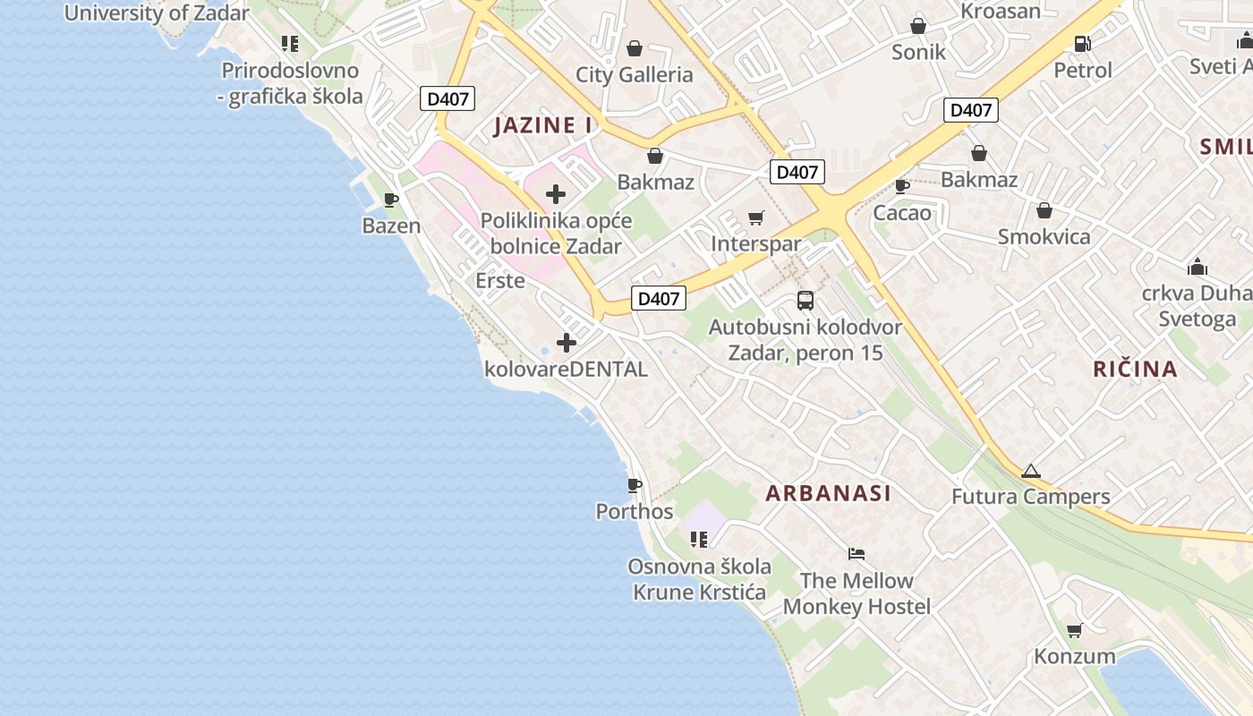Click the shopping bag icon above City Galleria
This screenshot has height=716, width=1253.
point(635,47)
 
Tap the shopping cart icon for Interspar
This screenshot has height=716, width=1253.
point(756,217)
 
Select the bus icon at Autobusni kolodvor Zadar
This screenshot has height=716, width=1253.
point(805,301)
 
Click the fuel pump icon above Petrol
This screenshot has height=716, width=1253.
point(1082,43)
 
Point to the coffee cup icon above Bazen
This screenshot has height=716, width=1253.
point(390,200)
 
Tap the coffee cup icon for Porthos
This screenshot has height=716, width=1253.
point(635,485)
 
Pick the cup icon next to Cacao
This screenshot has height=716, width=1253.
point(902,186)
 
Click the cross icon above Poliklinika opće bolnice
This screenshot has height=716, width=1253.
point(556,193)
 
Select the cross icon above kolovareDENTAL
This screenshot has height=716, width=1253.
point(566,342)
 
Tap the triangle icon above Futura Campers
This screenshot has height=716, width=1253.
point(1031,471)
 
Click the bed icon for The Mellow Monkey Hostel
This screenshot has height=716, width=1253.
point(857,554)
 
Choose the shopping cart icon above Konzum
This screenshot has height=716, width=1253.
point(1075,630)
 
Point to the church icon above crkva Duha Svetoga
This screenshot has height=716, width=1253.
point(1197,267)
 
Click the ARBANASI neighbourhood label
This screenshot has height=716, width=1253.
point(828,493)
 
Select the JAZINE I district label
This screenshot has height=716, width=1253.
point(543,125)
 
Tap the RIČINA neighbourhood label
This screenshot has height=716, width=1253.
point(1135,369)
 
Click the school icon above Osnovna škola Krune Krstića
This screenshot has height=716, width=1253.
point(699,539)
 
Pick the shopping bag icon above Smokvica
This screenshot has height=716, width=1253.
point(1044,210)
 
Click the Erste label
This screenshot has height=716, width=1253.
point(499,280)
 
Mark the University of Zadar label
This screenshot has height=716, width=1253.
point(157,13)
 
